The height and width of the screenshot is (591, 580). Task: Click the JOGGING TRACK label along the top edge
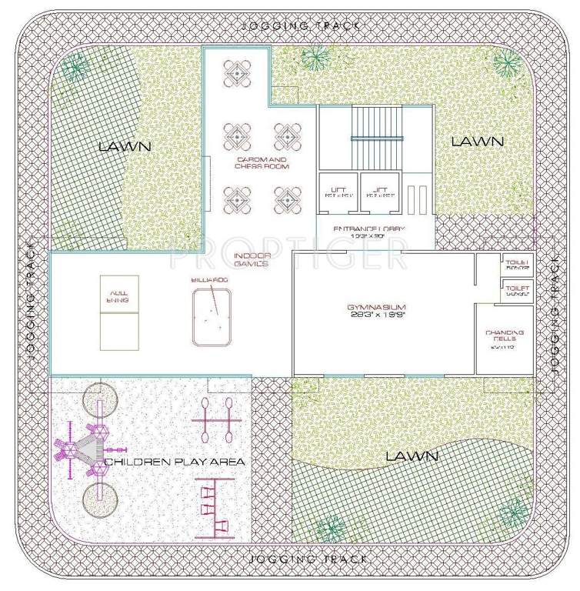point(301,25)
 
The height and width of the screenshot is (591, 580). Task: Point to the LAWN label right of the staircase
point(477,142)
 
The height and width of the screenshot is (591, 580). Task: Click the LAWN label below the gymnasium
point(412,456)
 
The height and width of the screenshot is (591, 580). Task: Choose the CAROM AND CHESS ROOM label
point(262,162)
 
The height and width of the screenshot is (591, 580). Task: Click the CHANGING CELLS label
point(504,337)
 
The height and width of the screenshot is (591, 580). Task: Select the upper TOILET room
point(515,265)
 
